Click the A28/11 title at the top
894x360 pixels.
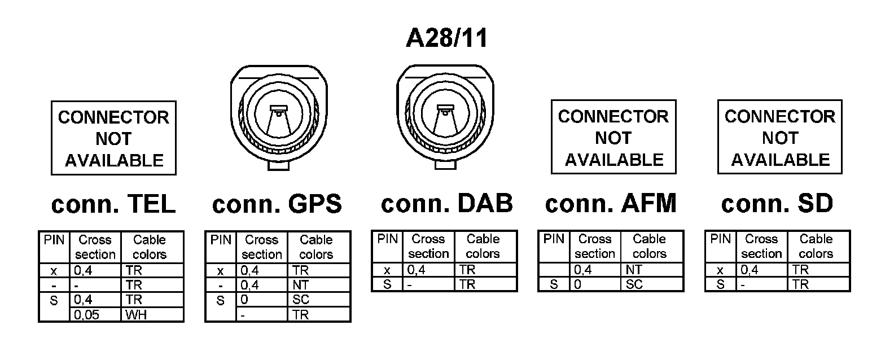pos(446,38)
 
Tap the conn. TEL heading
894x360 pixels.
pos(113,204)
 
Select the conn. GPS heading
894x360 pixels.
pos(277,204)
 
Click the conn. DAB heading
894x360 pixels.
pos(446,203)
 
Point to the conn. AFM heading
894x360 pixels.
pos(611,203)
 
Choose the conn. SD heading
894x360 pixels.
pos(777,203)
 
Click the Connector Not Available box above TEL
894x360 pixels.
pos(113,138)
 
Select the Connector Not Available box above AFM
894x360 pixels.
pos(613,137)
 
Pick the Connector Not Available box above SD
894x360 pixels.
pos(780,137)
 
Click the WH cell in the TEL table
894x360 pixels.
pos(152,314)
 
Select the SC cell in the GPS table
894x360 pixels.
pos(319,300)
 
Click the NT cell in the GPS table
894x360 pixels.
pos(319,285)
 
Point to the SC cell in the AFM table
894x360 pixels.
pos(652,284)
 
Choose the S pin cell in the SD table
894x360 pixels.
pos(720,284)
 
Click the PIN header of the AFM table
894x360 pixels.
pos(554,239)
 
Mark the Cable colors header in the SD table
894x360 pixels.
pos(816,246)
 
